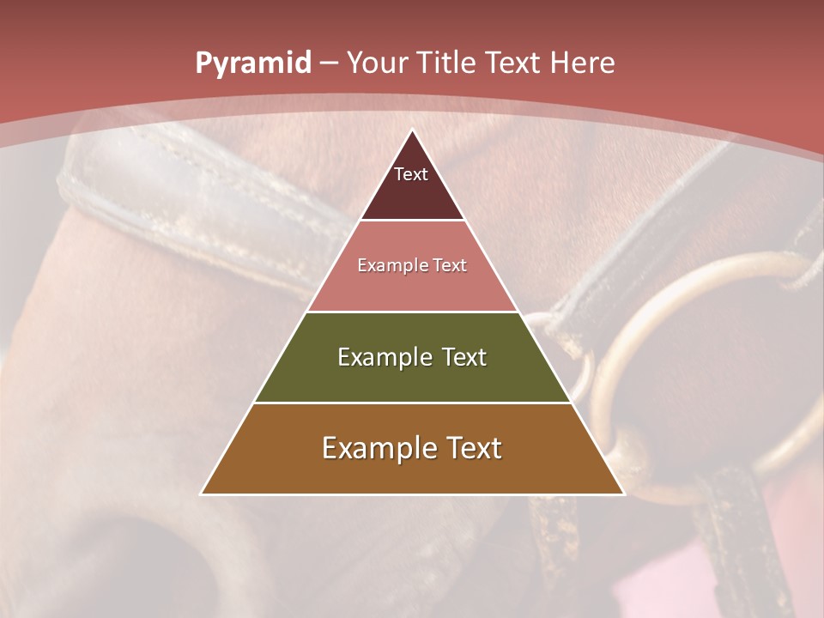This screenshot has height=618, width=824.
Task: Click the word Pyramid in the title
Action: pyautogui.click(x=252, y=64)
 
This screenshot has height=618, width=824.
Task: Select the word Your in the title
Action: pyautogui.click(x=377, y=64)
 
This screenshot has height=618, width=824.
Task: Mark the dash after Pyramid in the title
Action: pyautogui.click(x=328, y=64)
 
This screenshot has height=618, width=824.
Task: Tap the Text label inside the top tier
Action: pyautogui.click(x=411, y=174)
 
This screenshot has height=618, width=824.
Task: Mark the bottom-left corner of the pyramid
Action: pyautogui.click(x=202, y=494)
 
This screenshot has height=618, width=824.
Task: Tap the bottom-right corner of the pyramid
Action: pyautogui.click(x=623, y=494)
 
